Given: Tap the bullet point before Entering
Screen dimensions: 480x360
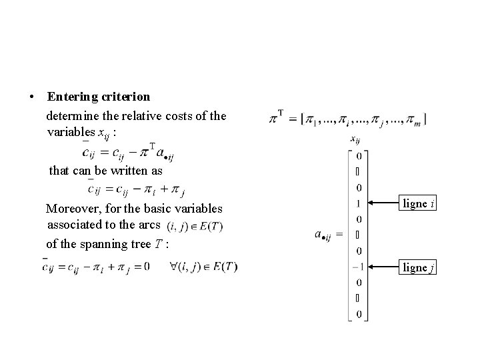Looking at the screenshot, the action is coord(32,97).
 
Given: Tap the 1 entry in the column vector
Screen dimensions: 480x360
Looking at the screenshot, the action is coord(359,203).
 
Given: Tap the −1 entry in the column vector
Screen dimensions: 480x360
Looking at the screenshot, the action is coord(357,267).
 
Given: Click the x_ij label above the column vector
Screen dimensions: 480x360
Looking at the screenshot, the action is coord(355,139).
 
